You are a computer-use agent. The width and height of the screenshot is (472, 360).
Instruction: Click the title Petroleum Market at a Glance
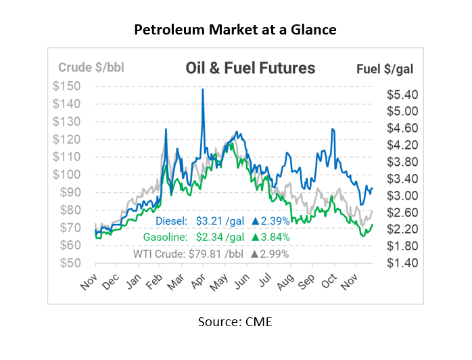pyautogui.click(x=235, y=30)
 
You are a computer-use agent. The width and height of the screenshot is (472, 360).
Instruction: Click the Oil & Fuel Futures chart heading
pyautogui.click(x=250, y=68)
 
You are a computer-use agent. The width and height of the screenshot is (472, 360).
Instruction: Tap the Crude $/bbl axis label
pyautogui.click(x=91, y=68)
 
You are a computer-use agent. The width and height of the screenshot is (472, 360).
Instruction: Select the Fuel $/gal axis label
pyautogui.click(x=385, y=68)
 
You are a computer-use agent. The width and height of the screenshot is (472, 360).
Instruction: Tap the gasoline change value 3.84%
pyautogui.click(x=275, y=237)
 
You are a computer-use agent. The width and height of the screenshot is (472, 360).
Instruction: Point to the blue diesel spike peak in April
pyautogui.click(x=202, y=89)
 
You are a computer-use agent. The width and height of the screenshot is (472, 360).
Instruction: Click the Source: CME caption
pyautogui.click(x=235, y=322)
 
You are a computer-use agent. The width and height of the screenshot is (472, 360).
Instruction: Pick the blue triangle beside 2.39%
pyautogui.click(x=256, y=221)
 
